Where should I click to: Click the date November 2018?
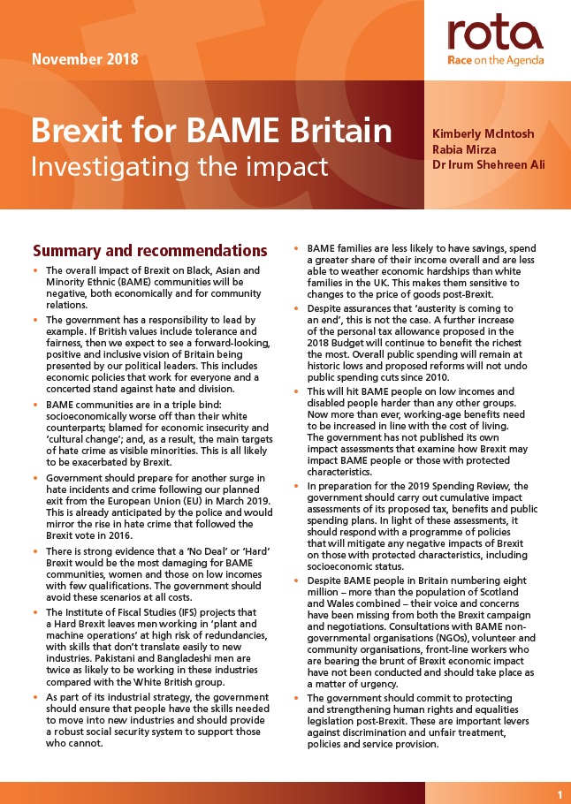coord(85,61)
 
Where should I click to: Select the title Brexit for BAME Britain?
coord(211,132)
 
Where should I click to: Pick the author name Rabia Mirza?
coord(463,150)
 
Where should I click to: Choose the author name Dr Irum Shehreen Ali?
coord(489,167)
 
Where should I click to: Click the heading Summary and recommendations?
coord(149,251)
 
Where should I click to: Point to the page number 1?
coord(560,795)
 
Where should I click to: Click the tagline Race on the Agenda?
coord(495,61)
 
